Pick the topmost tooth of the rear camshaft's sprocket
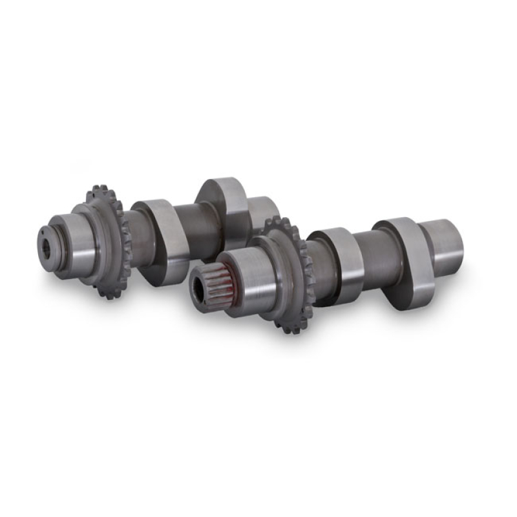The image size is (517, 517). click(100, 189)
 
